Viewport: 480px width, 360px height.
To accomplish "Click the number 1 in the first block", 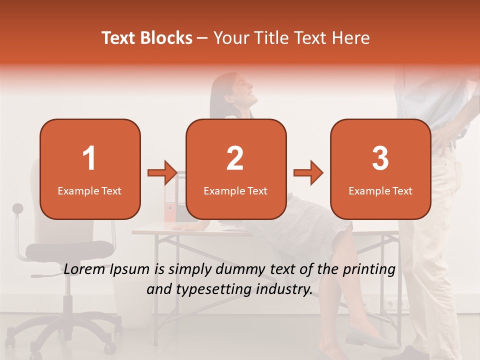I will coord(89,158).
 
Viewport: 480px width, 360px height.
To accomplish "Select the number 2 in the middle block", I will coord(235,158).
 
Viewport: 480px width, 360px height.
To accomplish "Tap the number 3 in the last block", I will coord(380,158).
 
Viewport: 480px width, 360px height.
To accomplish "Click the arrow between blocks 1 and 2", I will coord(162,173).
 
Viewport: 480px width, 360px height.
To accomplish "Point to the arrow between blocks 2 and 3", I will coord(308,173).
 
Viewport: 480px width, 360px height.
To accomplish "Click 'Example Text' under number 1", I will coord(89,190).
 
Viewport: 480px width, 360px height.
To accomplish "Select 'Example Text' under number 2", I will coord(235,190).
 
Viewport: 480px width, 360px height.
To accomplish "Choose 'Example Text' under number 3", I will coord(380,190).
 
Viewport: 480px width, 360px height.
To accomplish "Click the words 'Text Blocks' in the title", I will coord(147,38).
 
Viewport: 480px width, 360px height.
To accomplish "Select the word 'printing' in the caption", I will coord(368,269).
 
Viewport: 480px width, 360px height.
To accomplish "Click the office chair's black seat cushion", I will coord(69,249).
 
